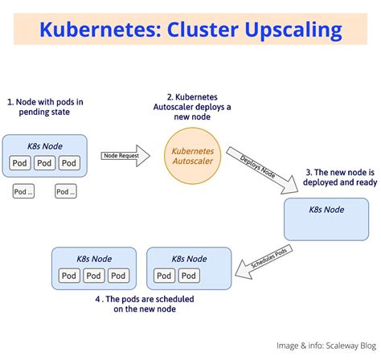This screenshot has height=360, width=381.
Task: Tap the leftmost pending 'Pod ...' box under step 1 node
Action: coord(24,191)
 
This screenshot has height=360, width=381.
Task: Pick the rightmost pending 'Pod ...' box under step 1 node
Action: coord(66,191)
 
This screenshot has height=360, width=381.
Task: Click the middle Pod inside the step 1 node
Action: coord(46,164)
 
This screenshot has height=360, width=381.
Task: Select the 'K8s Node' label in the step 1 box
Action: coord(46,145)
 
